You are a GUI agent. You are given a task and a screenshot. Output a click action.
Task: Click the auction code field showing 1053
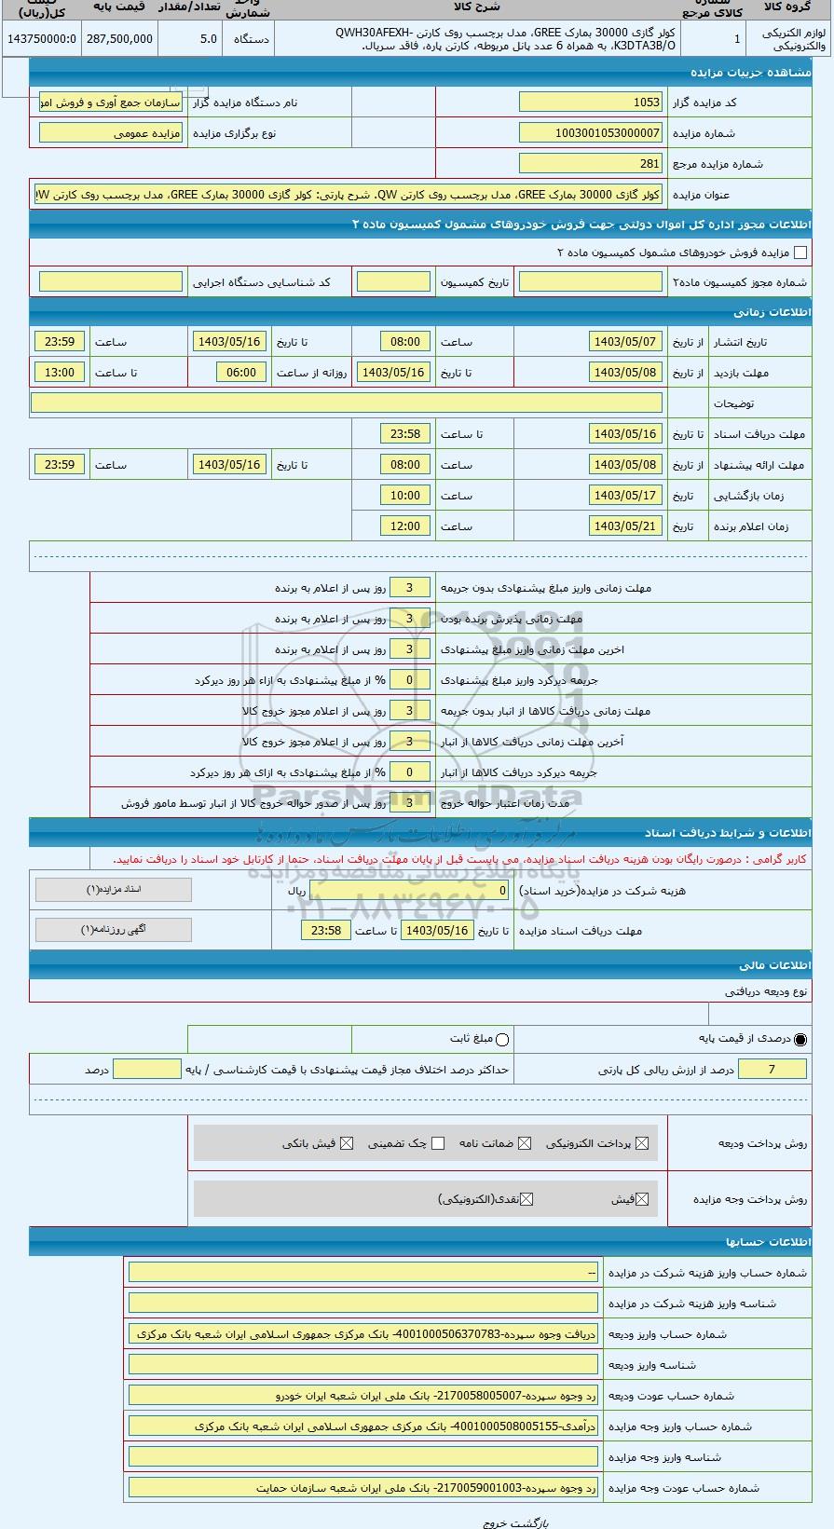click(x=590, y=102)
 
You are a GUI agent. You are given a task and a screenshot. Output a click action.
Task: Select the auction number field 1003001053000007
click(x=590, y=133)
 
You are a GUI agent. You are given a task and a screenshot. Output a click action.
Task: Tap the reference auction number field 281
click(x=590, y=164)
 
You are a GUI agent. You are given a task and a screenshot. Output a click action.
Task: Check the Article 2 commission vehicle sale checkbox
click(x=800, y=253)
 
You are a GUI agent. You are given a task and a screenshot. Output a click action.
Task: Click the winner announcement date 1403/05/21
click(x=625, y=526)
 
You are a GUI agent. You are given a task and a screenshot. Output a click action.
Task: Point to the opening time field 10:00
click(x=405, y=496)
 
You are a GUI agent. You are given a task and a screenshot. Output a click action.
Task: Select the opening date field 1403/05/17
click(x=625, y=496)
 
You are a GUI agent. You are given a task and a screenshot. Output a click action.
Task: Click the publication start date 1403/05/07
click(x=625, y=342)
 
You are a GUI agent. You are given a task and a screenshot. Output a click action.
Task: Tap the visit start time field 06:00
click(x=240, y=373)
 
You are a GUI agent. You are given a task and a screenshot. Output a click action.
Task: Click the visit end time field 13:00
click(x=60, y=373)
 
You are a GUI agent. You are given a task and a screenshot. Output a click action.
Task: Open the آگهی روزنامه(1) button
click(x=113, y=929)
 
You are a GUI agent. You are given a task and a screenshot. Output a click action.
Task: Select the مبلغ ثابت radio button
click(x=503, y=1039)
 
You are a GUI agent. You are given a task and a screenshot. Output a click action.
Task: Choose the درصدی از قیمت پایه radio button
click(x=800, y=1039)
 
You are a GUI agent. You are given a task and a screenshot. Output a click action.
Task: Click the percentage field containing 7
click(x=772, y=1070)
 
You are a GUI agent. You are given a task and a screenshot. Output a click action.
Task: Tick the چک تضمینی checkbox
click(x=438, y=1143)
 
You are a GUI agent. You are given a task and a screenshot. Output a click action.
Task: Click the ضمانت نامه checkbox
click(x=525, y=1143)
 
